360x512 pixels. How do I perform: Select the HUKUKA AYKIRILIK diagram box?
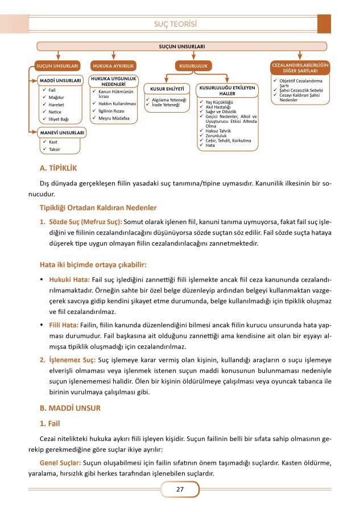tap(113, 67)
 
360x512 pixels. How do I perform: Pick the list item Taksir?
tap(55, 149)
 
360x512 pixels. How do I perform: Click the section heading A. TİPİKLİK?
tap(58, 168)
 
